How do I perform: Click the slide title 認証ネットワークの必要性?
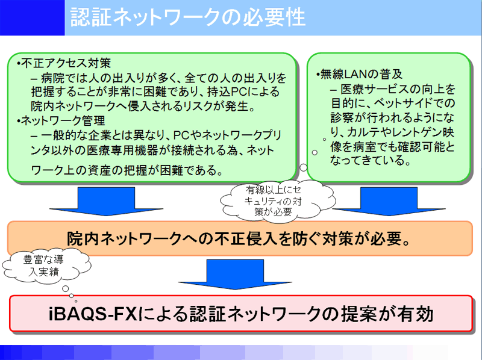coord(188,17)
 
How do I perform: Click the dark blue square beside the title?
coord(33,17)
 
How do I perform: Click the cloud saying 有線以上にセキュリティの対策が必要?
coord(274,201)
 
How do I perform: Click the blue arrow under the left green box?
coord(106,201)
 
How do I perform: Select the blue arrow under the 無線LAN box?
coord(389,201)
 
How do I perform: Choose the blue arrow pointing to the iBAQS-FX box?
coord(235,274)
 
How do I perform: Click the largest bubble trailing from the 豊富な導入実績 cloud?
coord(66,289)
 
